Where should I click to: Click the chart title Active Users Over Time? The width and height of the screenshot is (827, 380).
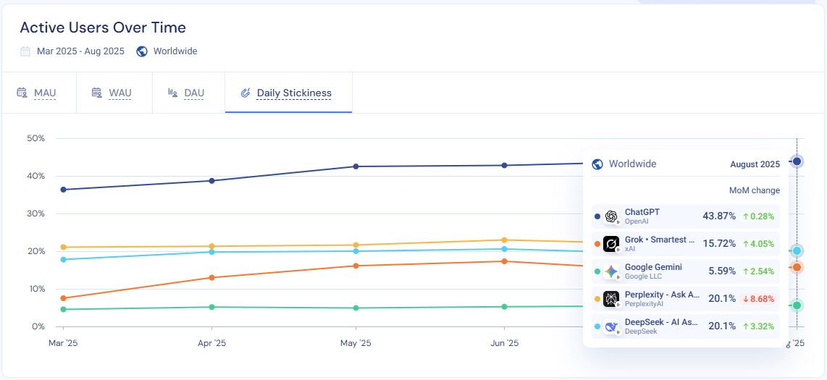(103, 28)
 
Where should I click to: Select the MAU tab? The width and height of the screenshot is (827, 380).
(44, 93)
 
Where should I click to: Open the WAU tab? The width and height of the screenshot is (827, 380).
(119, 93)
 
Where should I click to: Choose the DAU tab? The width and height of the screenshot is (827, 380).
(193, 93)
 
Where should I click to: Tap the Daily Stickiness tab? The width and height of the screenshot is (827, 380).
(293, 93)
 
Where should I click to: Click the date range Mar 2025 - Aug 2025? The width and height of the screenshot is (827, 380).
(80, 51)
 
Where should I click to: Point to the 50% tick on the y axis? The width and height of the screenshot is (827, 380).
(35, 138)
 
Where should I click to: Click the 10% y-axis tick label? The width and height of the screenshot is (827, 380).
(35, 289)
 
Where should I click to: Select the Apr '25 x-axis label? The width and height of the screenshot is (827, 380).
(211, 342)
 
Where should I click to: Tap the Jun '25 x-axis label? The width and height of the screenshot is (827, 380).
(504, 342)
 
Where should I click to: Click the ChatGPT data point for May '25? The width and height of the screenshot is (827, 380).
(356, 166)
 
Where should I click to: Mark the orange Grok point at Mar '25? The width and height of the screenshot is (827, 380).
(64, 298)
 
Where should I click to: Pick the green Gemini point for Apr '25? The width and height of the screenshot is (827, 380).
(211, 307)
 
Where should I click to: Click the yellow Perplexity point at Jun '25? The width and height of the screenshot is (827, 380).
(504, 240)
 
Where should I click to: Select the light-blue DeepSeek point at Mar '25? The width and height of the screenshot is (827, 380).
(64, 259)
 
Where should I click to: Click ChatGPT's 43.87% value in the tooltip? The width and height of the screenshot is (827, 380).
(718, 216)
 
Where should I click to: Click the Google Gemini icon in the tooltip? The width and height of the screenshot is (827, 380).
(612, 271)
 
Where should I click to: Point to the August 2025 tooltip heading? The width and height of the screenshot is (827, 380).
(755, 164)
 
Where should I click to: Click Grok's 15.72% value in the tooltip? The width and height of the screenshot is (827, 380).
(718, 243)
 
